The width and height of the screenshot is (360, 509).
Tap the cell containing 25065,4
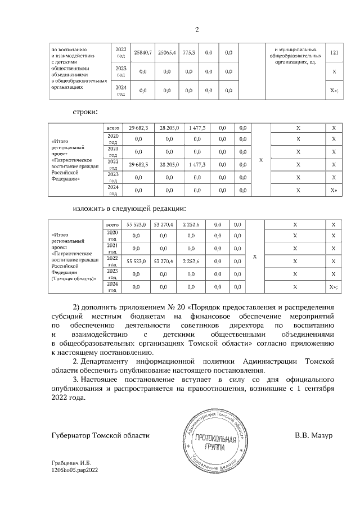166,52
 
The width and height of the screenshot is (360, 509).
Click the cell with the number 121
334,52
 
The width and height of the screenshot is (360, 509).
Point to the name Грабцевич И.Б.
71,463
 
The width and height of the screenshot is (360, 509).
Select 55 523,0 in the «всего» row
136,225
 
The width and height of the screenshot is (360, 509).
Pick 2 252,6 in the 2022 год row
193,262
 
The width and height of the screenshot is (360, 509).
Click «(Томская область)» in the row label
74,278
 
